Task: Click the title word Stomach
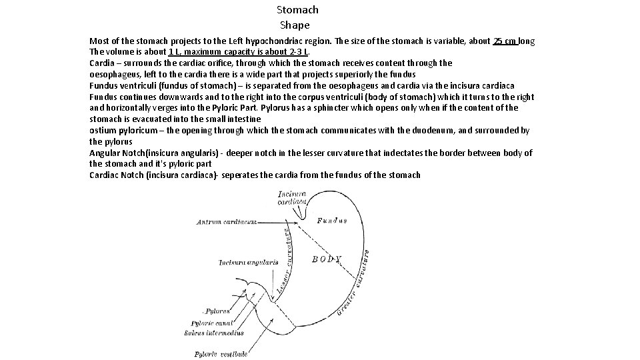pyautogui.click(x=297, y=10)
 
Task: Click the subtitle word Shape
pyautogui.click(x=295, y=25)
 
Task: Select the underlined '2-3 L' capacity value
pyautogui.click(x=295, y=52)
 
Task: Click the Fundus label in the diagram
pyautogui.click(x=331, y=221)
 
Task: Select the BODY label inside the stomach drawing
pyautogui.click(x=326, y=259)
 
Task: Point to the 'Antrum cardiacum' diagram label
pyautogui.click(x=227, y=221)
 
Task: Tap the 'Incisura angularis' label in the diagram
pyautogui.click(x=248, y=263)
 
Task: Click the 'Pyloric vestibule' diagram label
pyautogui.click(x=221, y=353)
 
